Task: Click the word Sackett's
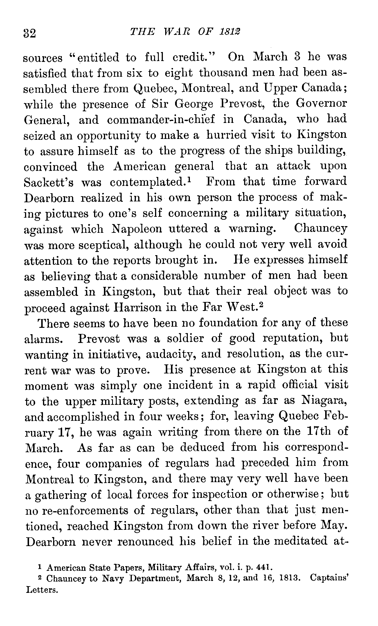pos(48,183)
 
